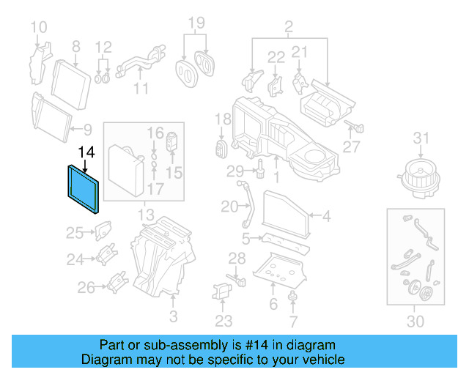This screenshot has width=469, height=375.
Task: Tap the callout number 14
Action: coord(86,152)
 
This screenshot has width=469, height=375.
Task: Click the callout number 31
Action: coord(420,138)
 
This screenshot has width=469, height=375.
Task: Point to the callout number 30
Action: coord(416,322)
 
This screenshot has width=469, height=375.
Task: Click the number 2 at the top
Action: coord(289,29)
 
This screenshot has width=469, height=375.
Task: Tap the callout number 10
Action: coord(38,29)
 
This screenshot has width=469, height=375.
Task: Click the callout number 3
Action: coord(173,316)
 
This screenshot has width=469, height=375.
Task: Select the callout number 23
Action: coord(224,320)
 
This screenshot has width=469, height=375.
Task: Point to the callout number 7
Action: coord(293,322)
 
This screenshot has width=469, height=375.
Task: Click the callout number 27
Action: coord(352,146)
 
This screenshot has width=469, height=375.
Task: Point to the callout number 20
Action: coord(229,206)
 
